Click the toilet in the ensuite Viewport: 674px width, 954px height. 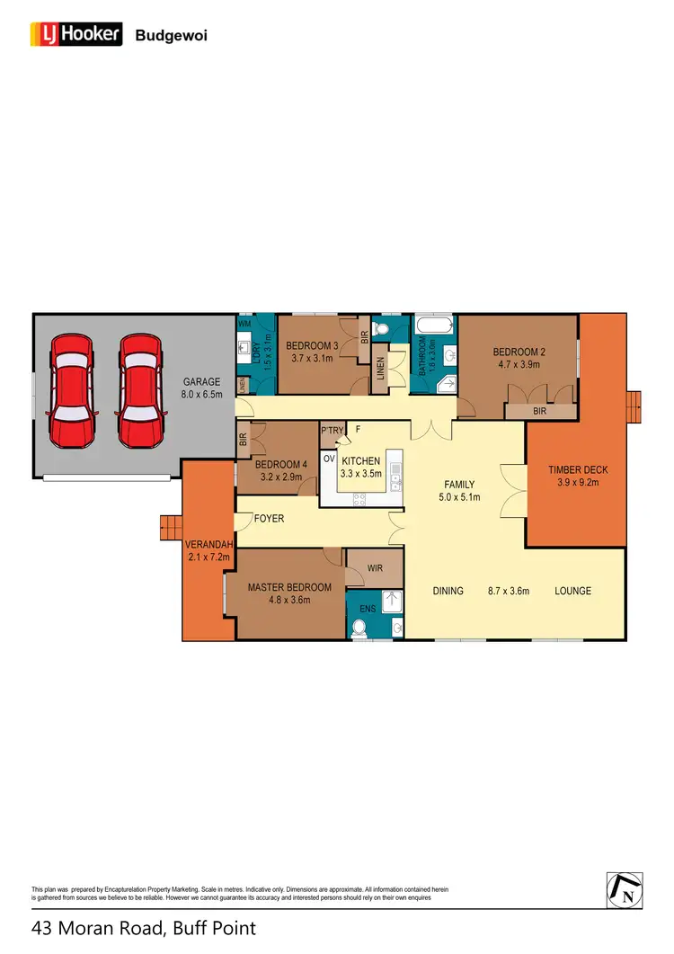pos(360,631)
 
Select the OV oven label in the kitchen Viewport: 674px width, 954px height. pos(328,459)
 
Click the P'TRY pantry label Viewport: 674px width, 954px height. pos(333,431)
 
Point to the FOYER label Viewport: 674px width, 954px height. pos(269,519)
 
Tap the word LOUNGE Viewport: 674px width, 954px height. pos(572,591)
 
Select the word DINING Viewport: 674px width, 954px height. pos(448,591)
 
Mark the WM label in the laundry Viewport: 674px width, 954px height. pos(244,322)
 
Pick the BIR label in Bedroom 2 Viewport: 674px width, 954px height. pos(539,411)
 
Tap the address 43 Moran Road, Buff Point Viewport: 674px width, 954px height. pos(144,928)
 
